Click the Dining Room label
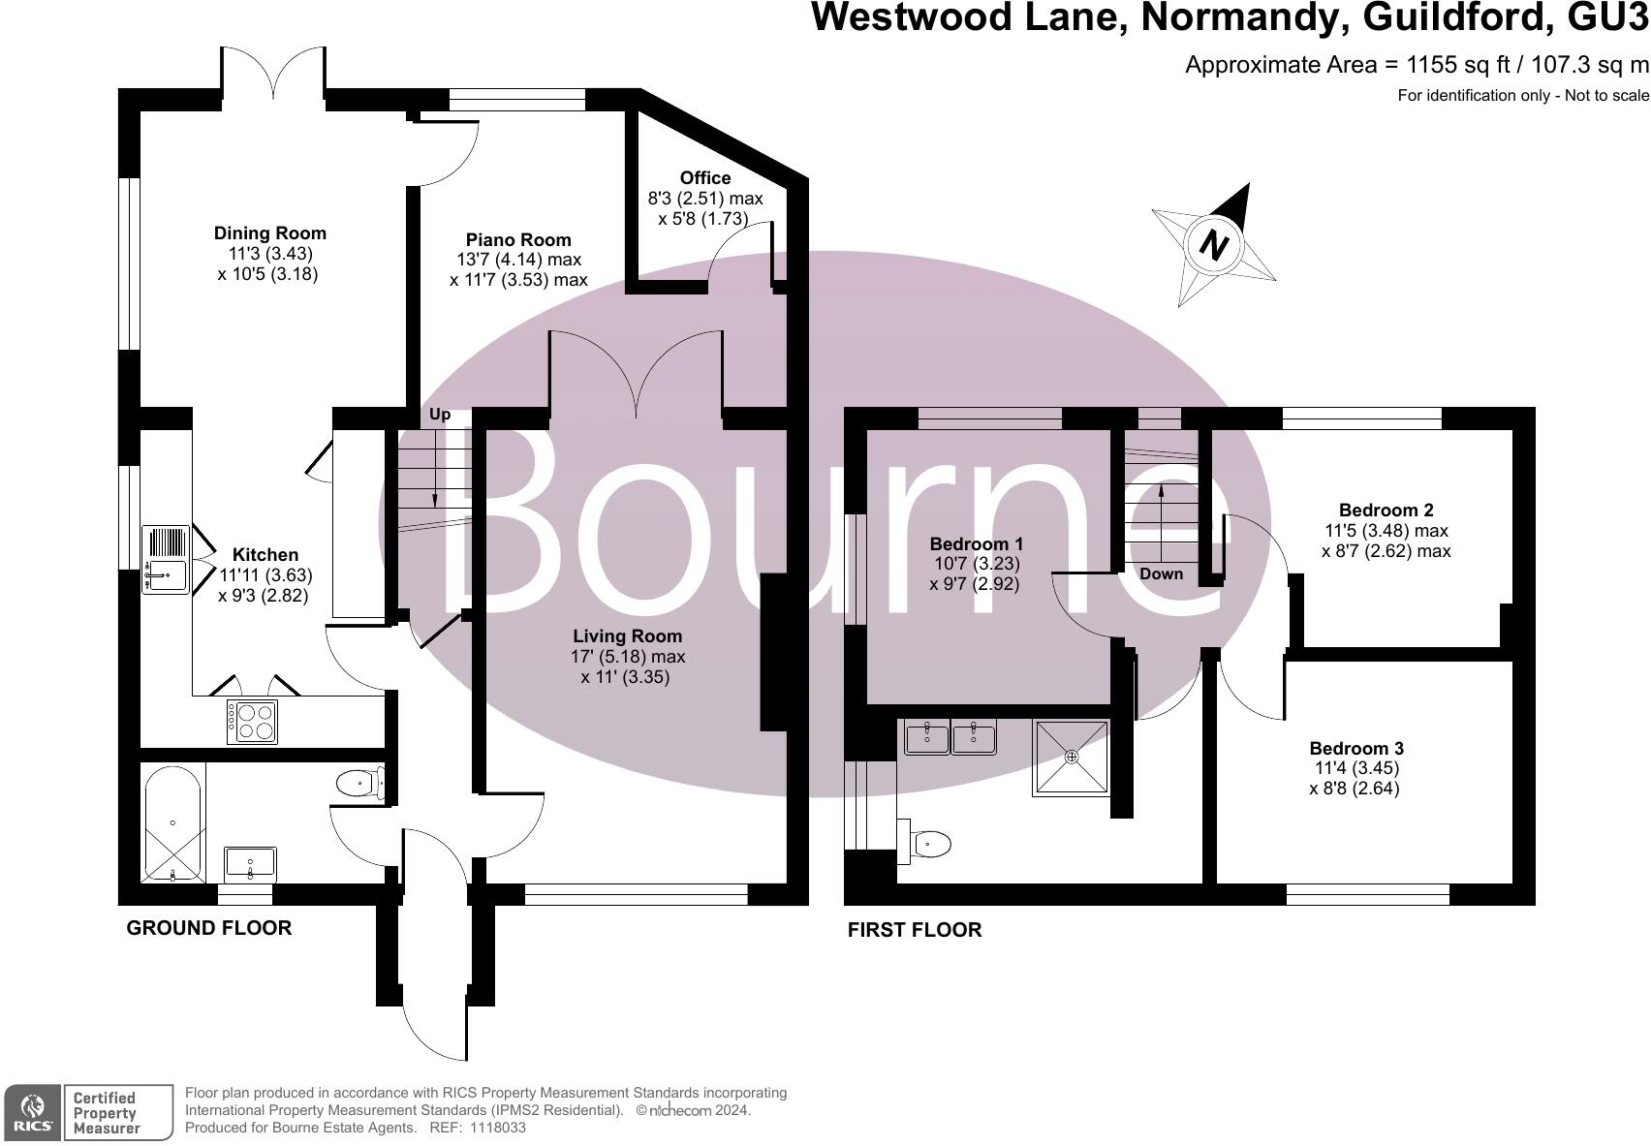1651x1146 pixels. pyautogui.click(x=269, y=233)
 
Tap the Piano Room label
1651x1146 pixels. pyautogui.click(x=518, y=240)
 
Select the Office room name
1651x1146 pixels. pyautogui.click(x=704, y=178)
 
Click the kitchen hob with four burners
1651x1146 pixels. pyautogui.click(x=252, y=722)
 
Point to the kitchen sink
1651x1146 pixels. pyautogui.click(x=166, y=559)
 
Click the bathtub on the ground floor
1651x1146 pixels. pyautogui.click(x=172, y=822)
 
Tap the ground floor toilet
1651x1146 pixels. pyautogui.click(x=358, y=782)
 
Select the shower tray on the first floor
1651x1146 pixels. pyautogui.click(x=1071, y=757)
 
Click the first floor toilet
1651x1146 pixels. pyautogui.click(x=925, y=844)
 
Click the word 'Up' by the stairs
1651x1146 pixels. pyautogui.click(x=440, y=415)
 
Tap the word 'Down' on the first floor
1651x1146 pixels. pyautogui.click(x=1161, y=573)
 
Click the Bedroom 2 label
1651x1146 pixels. pyautogui.click(x=1386, y=511)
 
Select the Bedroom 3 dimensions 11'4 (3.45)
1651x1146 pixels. pyautogui.click(x=1354, y=768)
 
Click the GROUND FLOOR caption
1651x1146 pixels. pyautogui.click(x=209, y=928)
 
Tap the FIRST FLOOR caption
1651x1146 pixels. pyautogui.click(x=914, y=930)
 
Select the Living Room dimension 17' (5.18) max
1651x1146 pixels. pyautogui.click(x=627, y=657)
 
